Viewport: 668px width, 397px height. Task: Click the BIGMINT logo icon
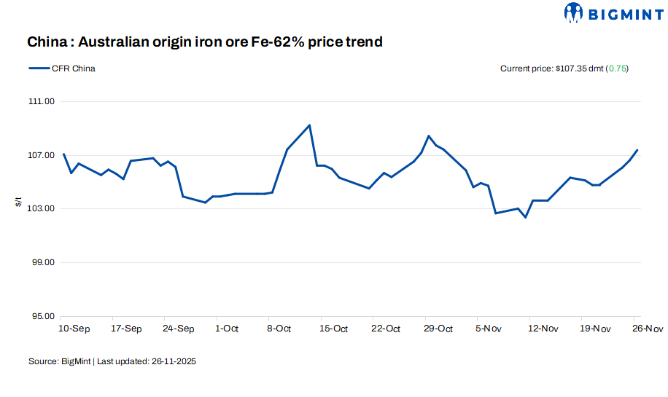click(x=574, y=12)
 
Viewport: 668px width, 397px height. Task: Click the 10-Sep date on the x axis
click(x=74, y=329)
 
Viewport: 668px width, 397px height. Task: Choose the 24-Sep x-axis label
click(x=179, y=329)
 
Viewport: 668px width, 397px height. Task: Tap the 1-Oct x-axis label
click(x=227, y=329)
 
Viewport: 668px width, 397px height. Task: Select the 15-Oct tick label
click(x=333, y=329)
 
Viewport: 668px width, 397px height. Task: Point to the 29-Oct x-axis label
click(x=438, y=329)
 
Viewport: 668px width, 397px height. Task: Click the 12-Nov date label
click(x=543, y=329)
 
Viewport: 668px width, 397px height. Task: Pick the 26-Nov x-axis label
click(x=647, y=329)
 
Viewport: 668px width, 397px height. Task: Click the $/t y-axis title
click(x=18, y=202)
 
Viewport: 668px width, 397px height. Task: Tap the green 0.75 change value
click(x=618, y=68)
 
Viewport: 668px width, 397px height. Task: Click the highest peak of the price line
click(x=310, y=125)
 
